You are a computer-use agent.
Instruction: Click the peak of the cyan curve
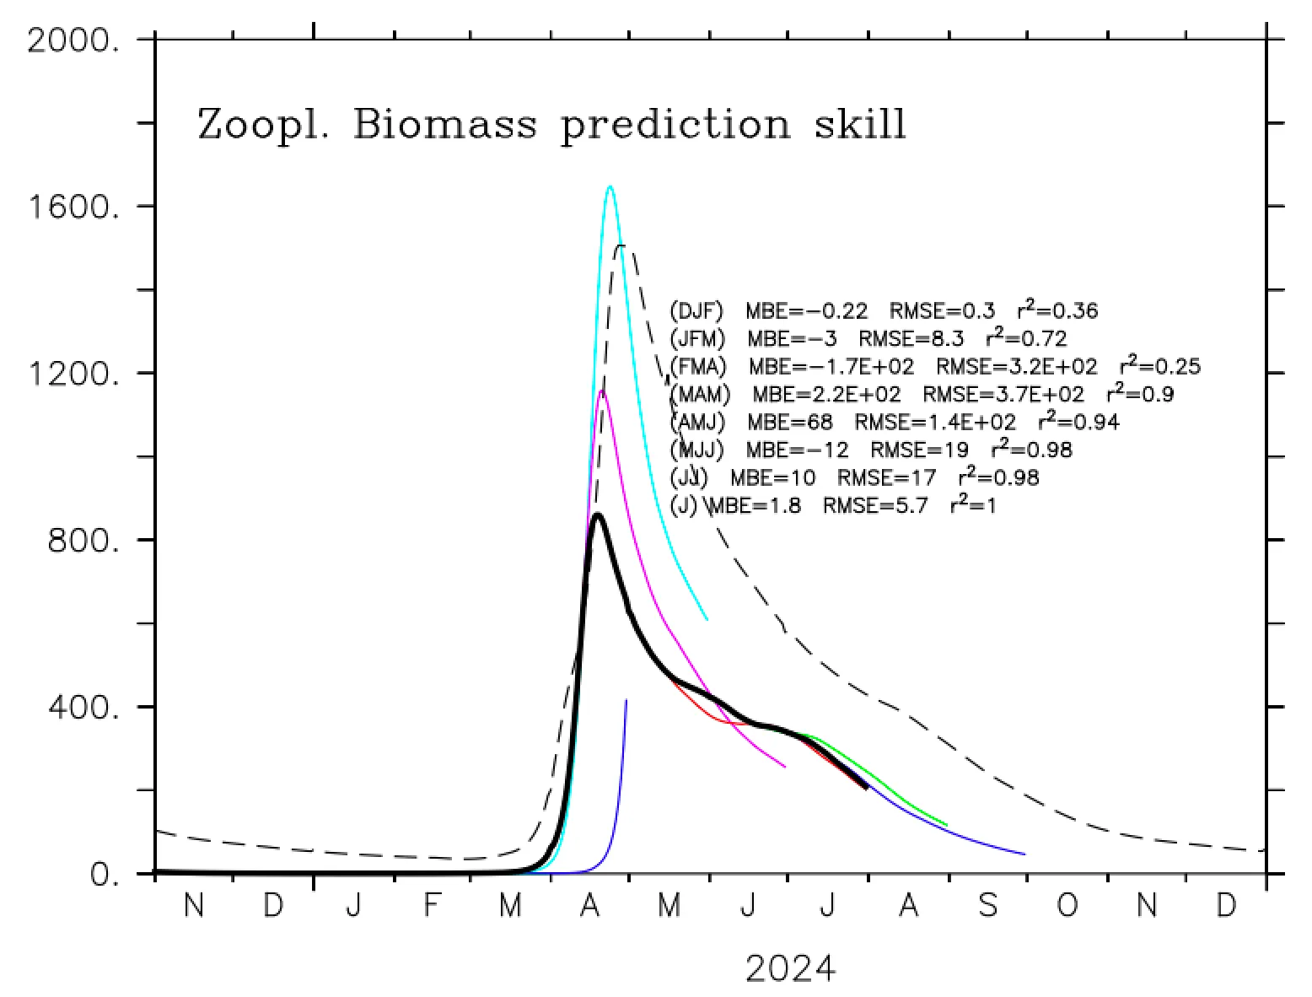[x=610, y=186]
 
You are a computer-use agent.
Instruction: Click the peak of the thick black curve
[x=597, y=514]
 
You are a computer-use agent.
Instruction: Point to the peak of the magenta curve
[x=601, y=391]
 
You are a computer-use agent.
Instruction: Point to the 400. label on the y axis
[x=83, y=707]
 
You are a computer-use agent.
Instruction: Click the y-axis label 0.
[x=105, y=875]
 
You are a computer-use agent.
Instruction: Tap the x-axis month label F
[x=431, y=907]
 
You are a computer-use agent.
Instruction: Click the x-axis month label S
[x=987, y=907]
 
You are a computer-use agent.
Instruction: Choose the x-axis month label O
[x=1067, y=907]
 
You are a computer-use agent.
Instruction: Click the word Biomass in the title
[x=445, y=124]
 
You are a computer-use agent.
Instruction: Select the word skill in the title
[x=859, y=124]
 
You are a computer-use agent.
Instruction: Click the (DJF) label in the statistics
[x=696, y=311]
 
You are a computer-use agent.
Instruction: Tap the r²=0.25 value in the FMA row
[x=1159, y=366]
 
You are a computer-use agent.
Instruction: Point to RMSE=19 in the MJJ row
[x=919, y=450]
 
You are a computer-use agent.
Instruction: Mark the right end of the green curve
[x=947, y=825]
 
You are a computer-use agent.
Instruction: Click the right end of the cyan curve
[x=707, y=620]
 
